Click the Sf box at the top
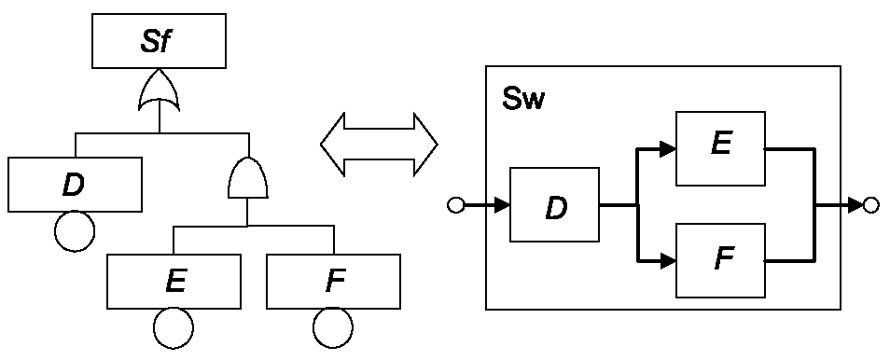point(159,41)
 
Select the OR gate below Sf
point(160,90)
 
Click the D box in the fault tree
point(75,185)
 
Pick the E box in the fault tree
point(174,282)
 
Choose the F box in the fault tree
point(333,282)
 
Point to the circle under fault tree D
point(75,231)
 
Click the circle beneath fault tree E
point(174,329)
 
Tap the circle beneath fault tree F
point(333,329)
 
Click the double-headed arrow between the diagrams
point(379,145)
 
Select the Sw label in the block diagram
point(522,99)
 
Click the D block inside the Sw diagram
point(555,205)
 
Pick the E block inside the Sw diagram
point(720,149)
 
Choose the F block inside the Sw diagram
point(720,260)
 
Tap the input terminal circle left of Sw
point(456,205)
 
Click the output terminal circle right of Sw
point(870,205)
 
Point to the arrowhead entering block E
point(668,149)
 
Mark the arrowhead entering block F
point(668,261)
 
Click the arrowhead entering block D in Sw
point(502,205)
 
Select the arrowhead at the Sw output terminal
point(855,205)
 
